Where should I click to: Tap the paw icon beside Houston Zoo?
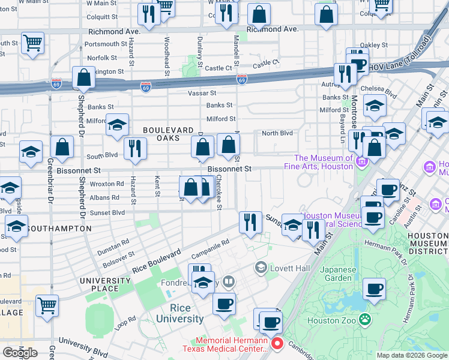pyautogui.click(x=364, y=320)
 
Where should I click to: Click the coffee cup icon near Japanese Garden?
pyautogui.click(x=375, y=289)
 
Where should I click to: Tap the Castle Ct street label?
pyautogui.click(x=266, y=63)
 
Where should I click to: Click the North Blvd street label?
pyautogui.click(x=277, y=133)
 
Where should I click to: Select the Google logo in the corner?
pyautogui.click(x=19, y=352)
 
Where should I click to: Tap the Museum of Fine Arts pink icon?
pyautogui.click(x=361, y=161)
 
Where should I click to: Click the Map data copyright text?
pyautogui.click(x=411, y=355)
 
